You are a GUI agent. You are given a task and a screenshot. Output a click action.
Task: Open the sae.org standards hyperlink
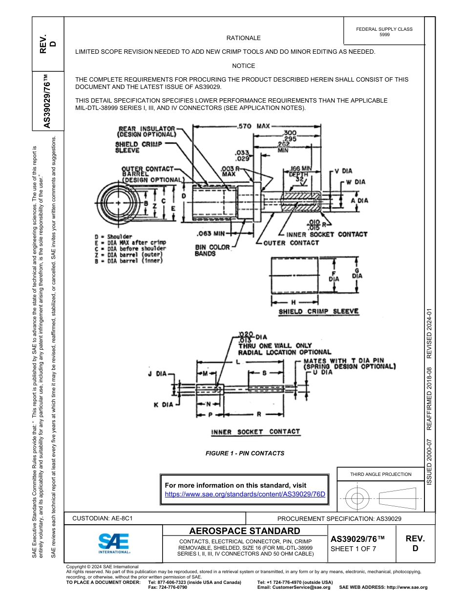point(245,494)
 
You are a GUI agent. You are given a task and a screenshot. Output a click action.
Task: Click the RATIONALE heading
point(243,38)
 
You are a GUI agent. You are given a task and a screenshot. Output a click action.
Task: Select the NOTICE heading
point(243,65)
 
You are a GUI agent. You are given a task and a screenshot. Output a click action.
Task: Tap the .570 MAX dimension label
point(253,126)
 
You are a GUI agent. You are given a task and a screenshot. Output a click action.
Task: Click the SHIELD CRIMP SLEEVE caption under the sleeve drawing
point(318,311)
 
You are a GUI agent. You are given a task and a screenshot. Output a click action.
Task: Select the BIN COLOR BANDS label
point(212,250)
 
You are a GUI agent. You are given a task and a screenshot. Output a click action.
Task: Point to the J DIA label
point(157,374)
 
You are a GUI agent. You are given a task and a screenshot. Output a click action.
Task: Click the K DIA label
point(163,405)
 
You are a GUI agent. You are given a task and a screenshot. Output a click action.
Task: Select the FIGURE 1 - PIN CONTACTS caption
point(245,453)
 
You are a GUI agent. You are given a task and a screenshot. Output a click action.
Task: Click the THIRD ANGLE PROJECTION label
point(380,474)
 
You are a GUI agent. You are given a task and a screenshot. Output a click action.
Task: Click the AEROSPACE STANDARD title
point(245,531)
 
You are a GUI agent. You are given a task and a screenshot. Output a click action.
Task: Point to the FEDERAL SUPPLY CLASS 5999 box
point(384,32)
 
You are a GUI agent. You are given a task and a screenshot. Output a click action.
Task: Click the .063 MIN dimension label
point(211,233)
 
